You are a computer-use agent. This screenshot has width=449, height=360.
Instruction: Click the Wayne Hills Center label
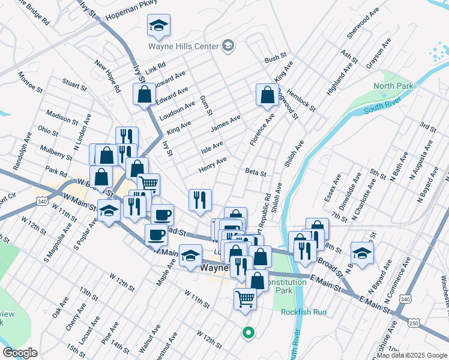coord(183,46)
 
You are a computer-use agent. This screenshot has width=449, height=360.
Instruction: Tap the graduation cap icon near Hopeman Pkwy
coord(158,26)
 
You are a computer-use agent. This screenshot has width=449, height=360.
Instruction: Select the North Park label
coord(393,86)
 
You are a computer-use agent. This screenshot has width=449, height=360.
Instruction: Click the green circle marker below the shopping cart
coord(247,331)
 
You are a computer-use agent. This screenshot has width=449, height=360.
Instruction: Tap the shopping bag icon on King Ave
coord(267,95)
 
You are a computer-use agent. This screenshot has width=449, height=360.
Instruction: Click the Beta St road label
coord(256,172)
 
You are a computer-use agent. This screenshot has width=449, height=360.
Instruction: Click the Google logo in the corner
coord(19,353)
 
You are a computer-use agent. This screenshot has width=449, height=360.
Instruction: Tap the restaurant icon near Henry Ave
coord(200,199)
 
